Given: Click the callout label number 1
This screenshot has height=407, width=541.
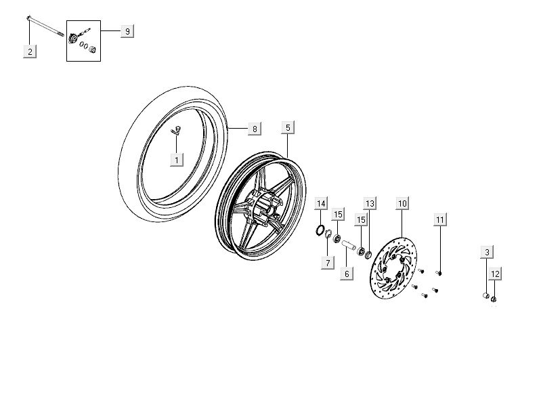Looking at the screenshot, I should [177, 160].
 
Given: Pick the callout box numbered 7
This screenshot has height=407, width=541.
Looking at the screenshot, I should [327, 262].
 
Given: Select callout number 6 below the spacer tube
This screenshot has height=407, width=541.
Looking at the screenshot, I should [346, 274].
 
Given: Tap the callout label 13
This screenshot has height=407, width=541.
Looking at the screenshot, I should [370, 204].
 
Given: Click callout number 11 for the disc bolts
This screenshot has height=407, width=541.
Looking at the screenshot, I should [440, 219].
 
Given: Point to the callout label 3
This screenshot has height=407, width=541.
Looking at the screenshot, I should [486, 253].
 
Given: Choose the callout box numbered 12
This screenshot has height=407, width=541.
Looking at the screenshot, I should [496, 274].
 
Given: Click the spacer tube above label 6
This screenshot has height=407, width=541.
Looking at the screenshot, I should [349, 244].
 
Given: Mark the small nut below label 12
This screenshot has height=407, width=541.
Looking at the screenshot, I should [494, 299].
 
